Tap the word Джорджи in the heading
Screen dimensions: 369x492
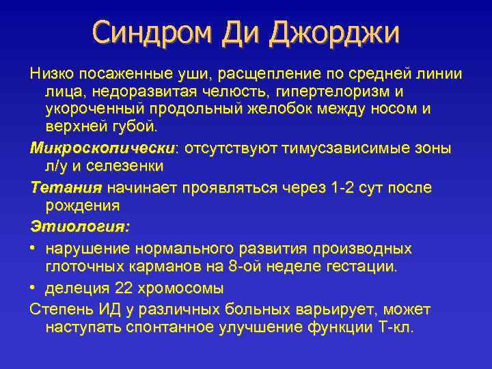coord(336,33)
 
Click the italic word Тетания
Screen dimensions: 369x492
coord(66,187)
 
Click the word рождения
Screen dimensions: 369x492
coord(82,204)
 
